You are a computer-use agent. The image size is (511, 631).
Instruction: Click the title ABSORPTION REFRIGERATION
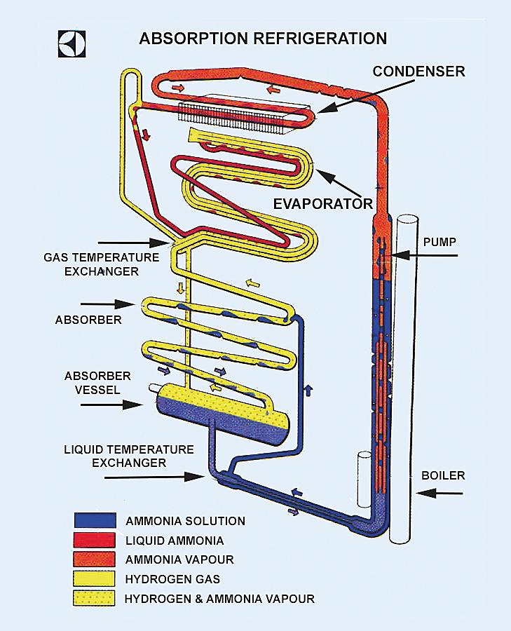263,38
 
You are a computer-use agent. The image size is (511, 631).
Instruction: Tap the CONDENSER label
418,72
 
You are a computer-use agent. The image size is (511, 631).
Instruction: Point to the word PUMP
440,242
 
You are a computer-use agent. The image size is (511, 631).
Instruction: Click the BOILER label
443,475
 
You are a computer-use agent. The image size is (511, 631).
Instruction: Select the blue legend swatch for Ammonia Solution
95,521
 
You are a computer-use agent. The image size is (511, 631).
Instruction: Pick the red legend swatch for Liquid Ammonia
95,540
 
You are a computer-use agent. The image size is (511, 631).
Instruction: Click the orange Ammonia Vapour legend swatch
95,559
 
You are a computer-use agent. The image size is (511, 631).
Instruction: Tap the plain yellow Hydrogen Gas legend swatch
95,578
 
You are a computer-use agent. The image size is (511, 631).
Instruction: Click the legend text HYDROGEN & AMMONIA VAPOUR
219,599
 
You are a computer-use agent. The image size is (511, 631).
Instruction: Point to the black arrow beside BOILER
440,494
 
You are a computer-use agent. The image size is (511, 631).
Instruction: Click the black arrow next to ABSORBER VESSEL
126,405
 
